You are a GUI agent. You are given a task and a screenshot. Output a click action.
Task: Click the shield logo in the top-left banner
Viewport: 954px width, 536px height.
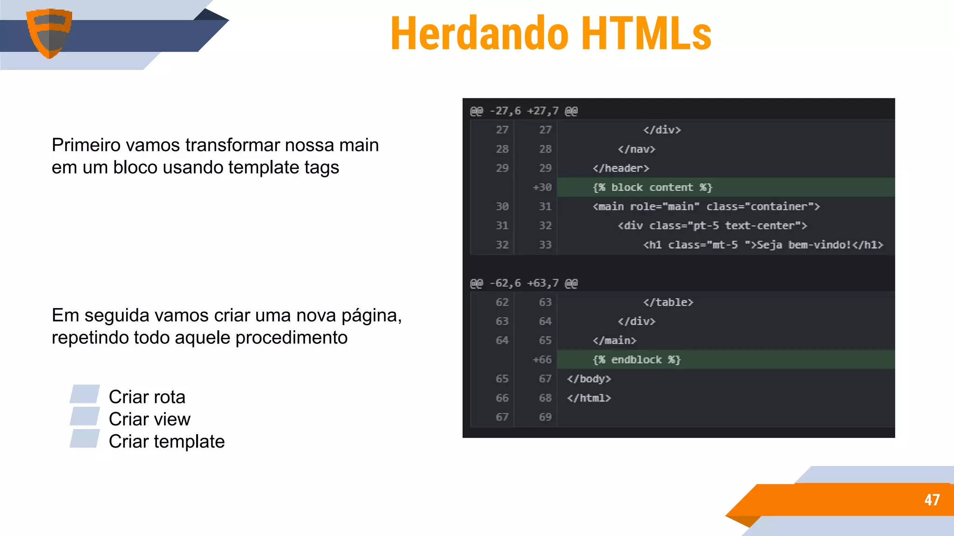[49, 33]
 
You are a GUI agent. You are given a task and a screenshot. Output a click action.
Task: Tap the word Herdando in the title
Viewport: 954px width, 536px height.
[480, 33]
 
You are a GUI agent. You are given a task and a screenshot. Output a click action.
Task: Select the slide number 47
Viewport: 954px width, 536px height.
[932, 500]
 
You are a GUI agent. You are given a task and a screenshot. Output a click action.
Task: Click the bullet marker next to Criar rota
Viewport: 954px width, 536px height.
[85, 394]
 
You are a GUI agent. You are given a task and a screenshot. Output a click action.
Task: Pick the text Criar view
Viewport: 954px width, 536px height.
[150, 419]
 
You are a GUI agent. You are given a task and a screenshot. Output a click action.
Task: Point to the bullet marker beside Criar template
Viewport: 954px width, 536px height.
[85, 439]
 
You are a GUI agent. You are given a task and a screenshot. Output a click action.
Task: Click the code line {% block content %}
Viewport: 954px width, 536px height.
[652, 188]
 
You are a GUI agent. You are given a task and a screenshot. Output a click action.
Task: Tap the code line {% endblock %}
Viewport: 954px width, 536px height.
[636, 360]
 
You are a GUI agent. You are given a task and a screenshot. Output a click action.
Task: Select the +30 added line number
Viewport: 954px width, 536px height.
[542, 188]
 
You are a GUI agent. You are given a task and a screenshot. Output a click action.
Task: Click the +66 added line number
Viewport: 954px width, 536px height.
[542, 360]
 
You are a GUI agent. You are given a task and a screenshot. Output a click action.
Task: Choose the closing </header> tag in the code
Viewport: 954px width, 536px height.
[620, 168]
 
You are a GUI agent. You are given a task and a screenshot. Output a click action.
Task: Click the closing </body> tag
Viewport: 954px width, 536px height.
[589, 379]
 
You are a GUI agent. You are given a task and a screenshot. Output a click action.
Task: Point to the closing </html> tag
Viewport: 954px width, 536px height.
[589, 398]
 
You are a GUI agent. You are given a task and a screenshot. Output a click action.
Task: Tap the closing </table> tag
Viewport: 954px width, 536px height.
[668, 302]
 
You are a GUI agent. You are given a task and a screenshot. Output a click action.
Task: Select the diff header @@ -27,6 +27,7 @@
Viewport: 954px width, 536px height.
[524, 111]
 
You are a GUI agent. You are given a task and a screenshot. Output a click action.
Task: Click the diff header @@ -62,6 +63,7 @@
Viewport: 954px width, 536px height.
[524, 283]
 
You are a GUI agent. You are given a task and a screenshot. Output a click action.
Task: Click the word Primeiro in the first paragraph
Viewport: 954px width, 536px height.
[86, 145]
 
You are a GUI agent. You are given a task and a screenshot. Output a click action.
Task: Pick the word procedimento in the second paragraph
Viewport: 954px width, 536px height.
[291, 338]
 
